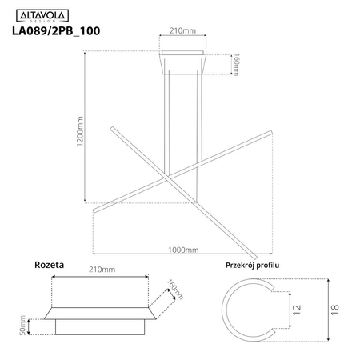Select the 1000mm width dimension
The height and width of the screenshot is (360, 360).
[x=184, y=250]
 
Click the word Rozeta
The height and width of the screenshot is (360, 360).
[x=49, y=264]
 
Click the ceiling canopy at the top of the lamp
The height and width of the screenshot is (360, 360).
[x=183, y=62]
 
